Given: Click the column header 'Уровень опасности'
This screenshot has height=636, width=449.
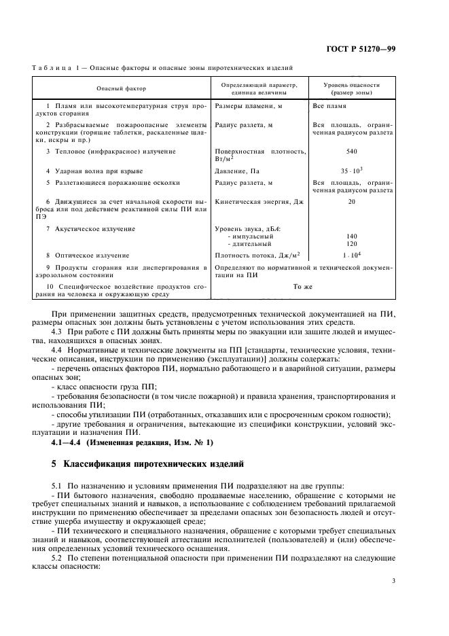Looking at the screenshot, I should click(x=351, y=85).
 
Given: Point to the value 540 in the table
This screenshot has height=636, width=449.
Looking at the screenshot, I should click(x=351, y=151).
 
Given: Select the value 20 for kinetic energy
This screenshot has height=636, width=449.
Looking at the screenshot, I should click(x=351, y=202).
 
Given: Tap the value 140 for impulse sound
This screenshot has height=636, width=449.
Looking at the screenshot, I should click(x=351, y=236).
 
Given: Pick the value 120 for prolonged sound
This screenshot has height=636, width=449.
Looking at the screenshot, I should click(x=351, y=243).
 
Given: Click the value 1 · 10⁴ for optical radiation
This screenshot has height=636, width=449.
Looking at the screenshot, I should click(x=351, y=255).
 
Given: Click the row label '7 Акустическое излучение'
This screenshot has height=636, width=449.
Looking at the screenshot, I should click(x=90, y=229).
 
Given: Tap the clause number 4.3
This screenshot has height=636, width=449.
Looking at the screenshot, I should click(x=58, y=330).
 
